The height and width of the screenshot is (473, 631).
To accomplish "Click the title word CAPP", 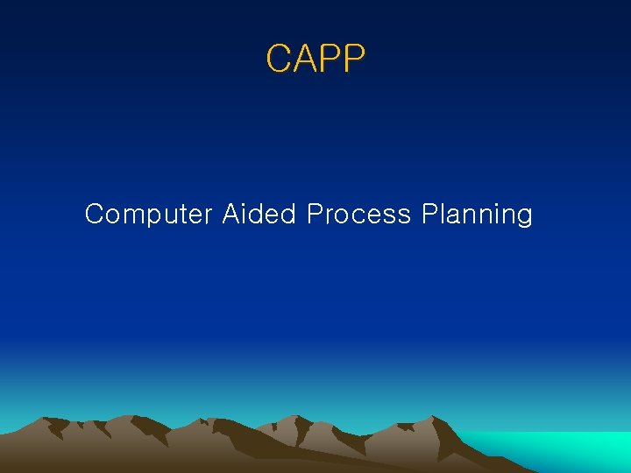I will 315,60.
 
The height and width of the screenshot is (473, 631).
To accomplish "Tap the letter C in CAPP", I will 278,60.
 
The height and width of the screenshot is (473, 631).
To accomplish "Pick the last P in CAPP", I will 353,60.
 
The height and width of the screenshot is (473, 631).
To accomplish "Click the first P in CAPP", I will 329,60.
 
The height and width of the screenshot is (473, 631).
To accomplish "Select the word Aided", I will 259,214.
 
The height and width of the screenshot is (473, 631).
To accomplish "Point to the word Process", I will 358,215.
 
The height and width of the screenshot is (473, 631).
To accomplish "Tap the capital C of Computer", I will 95,215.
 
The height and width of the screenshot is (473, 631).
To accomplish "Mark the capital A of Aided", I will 230,214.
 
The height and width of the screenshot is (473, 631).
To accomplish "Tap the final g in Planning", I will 523,217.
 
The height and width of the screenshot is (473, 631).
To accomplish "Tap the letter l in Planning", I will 444,214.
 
